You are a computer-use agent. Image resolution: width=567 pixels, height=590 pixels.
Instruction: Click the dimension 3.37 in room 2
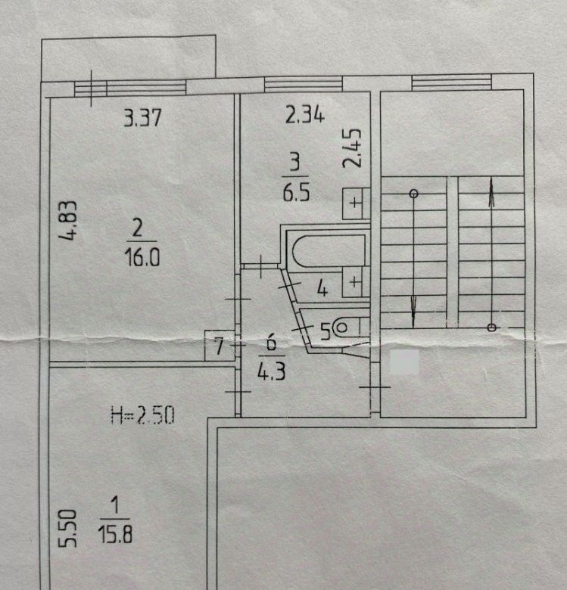(x=142, y=117)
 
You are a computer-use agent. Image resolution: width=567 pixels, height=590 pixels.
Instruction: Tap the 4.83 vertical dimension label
(x=69, y=221)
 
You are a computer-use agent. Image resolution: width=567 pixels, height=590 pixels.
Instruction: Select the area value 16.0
(x=142, y=257)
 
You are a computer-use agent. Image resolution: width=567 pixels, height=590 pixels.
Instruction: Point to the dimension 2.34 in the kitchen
(x=304, y=115)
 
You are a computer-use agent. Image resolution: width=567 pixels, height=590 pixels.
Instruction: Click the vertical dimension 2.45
(x=353, y=148)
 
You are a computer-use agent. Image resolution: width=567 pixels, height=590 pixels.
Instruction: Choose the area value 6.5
(x=296, y=192)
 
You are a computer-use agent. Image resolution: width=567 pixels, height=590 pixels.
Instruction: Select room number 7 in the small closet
(x=219, y=346)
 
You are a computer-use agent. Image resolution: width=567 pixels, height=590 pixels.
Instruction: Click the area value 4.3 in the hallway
(x=272, y=371)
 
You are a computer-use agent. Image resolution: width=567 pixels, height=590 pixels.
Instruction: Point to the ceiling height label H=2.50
(x=143, y=415)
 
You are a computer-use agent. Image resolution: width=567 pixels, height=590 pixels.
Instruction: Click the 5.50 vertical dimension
(x=68, y=528)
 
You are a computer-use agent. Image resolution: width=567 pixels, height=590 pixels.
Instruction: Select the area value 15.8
(x=115, y=534)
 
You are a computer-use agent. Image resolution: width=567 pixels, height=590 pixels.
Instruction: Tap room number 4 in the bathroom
(x=322, y=289)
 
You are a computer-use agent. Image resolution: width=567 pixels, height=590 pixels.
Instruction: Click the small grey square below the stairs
(x=404, y=362)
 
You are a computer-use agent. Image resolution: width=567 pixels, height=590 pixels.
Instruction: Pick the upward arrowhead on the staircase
(x=491, y=193)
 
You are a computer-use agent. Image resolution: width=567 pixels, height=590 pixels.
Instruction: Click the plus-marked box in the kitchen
(x=355, y=203)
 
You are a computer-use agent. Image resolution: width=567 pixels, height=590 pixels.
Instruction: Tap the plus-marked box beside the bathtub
(x=355, y=281)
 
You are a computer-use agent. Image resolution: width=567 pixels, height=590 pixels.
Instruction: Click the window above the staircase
(x=451, y=82)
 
